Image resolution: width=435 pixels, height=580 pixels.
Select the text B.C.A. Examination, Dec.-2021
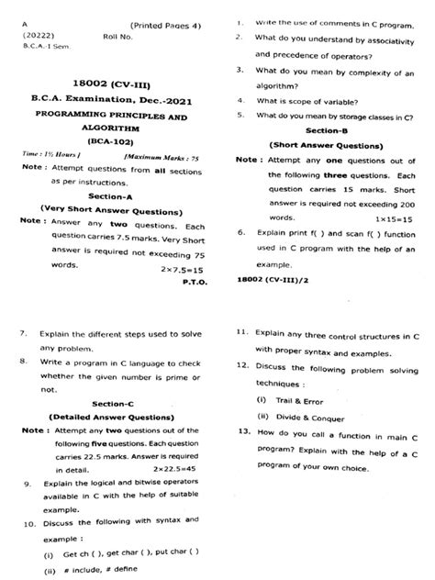[x=110, y=97]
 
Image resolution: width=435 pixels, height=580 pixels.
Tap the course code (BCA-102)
[x=109, y=143]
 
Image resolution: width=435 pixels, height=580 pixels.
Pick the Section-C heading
[x=113, y=403]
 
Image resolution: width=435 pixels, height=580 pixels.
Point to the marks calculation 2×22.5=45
[x=182, y=468]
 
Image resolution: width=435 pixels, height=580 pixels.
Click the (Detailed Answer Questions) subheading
[x=113, y=416]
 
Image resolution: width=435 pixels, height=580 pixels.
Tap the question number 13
[x=243, y=430]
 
